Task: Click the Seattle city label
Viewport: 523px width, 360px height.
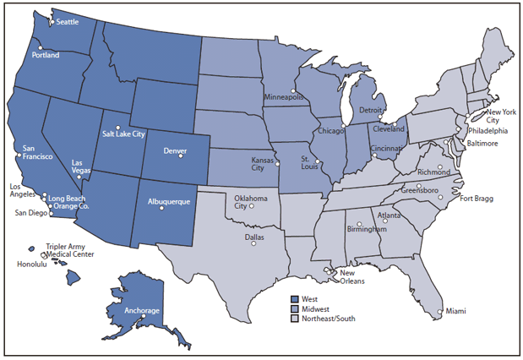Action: pos(72,23)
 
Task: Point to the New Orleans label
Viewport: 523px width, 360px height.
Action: pos(351,277)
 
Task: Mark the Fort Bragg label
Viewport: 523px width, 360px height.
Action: pos(477,199)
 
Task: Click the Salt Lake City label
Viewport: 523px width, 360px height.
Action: pos(124,134)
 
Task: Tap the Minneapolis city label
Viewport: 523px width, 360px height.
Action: pos(285,97)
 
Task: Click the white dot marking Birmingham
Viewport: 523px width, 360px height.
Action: pos(361,223)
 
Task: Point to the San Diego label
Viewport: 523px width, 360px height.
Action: pos(33,213)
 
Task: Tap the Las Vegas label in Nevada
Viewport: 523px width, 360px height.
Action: pos(80,166)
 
